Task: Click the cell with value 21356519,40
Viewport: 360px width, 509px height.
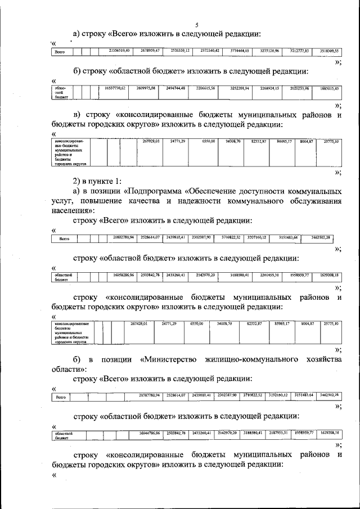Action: pos(119,51)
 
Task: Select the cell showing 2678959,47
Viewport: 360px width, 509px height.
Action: pos(150,51)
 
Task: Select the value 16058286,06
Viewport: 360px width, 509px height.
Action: pos(123,275)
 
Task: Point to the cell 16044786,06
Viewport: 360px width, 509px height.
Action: pos(149,433)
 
